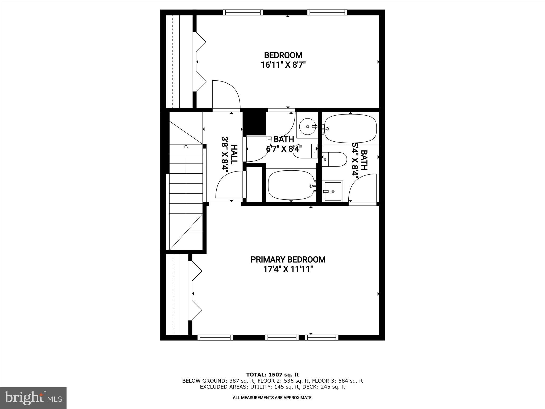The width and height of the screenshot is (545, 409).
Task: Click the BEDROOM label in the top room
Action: tap(283, 55)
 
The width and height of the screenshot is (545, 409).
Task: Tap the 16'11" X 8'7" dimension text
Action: tap(283, 65)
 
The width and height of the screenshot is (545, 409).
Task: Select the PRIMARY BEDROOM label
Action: tap(288, 260)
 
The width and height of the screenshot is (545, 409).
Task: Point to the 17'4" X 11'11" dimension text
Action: tap(288, 269)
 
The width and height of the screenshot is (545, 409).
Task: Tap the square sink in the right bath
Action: tap(332, 191)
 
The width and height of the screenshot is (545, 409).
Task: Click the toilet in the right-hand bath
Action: tap(334, 159)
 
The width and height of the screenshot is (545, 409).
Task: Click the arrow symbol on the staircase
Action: tap(186, 146)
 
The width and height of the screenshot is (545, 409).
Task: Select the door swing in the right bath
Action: tap(362, 188)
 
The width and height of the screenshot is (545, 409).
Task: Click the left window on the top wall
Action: tap(243, 12)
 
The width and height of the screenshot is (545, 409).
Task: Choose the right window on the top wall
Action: tap(327, 12)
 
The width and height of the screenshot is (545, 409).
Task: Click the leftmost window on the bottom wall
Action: tap(215, 338)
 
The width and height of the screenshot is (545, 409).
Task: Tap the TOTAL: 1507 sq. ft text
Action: tap(272, 375)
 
